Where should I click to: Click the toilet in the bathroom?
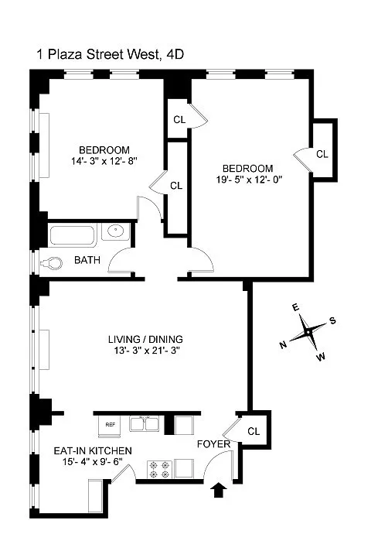click(x=52, y=263)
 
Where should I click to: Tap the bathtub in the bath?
click(x=73, y=235)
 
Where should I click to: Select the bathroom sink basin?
click(x=116, y=231)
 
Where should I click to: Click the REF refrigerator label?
click(x=111, y=425)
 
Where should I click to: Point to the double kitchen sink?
click(x=145, y=423)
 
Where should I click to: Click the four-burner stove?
click(x=160, y=469)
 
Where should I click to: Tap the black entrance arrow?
click(x=218, y=490)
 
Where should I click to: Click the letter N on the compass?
click(x=283, y=345)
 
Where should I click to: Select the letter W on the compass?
click(x=321, y=357)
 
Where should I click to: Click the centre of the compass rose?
click(x=308, y=332)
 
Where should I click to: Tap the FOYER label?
click(x=213, y=444)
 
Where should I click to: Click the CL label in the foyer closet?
click(x=254, y=432)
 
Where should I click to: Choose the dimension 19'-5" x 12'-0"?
click(x=250, y=180)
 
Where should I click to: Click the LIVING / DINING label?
click(x=145, y=339)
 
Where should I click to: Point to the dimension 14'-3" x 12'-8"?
click(x=104, y=161)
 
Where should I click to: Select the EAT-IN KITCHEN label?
click(x=93, y=451)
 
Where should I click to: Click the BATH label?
click(x=87, y=260)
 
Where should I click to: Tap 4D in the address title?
click(x=175, y=54)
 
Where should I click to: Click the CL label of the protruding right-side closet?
click(x=322, y=154)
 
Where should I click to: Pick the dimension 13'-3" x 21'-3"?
click(x=147, y=351)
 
